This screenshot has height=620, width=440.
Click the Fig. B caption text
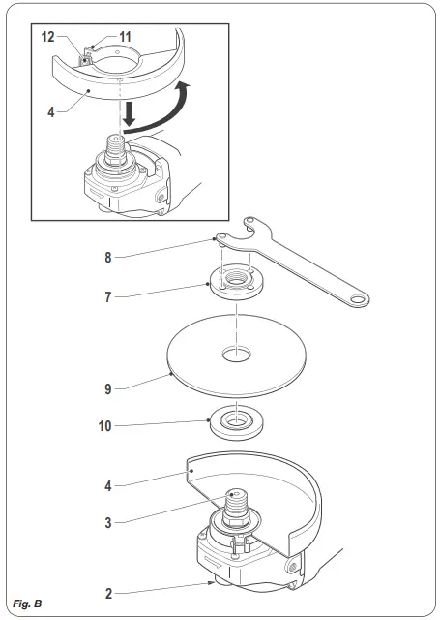point(26,604)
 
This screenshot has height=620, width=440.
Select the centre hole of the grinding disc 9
point(233,355)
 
